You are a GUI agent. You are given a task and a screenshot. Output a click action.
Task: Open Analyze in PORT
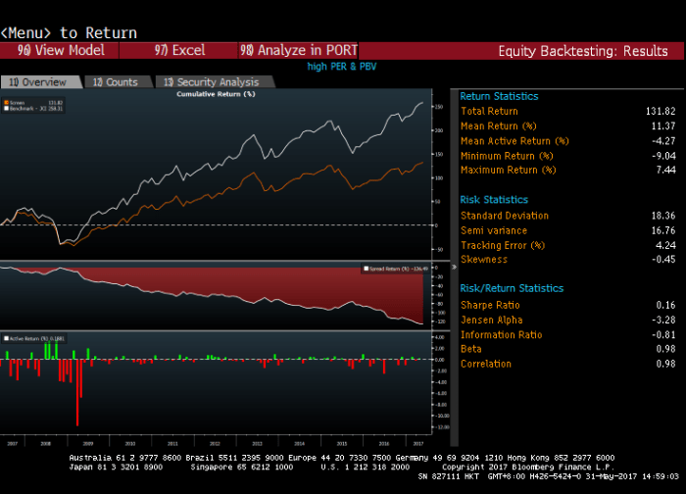coord(299,50)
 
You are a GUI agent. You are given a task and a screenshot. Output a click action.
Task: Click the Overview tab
coord(38,82)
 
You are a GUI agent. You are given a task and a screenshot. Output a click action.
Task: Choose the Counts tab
coord(116,82)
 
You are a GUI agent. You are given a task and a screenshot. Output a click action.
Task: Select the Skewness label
coord(484,260)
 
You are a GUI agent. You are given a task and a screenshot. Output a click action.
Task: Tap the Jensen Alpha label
coord(491,320)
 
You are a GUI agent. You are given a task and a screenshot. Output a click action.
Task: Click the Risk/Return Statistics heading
coord(512,289)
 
